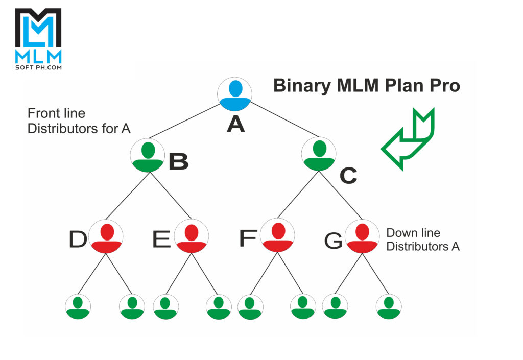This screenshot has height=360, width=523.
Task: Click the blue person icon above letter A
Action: pos(235,95)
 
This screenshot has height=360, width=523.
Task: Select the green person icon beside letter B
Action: pos(148,155)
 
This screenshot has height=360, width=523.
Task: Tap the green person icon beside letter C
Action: pos(319,154)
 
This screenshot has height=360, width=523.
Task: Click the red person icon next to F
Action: pos(277,236)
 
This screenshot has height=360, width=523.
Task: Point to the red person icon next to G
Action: pos(362,237)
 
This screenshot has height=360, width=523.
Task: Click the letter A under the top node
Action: pos(235,124)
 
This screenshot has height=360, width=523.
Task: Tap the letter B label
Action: pos(178,161)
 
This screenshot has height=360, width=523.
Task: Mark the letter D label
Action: pos(78,239)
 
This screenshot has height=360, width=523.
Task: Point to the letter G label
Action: pos(334,242)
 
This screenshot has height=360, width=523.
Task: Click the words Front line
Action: pos(56,113)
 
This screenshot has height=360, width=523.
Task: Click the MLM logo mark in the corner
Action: pos(38,30)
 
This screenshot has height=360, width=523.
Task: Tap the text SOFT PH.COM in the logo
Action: pos(38,67)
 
